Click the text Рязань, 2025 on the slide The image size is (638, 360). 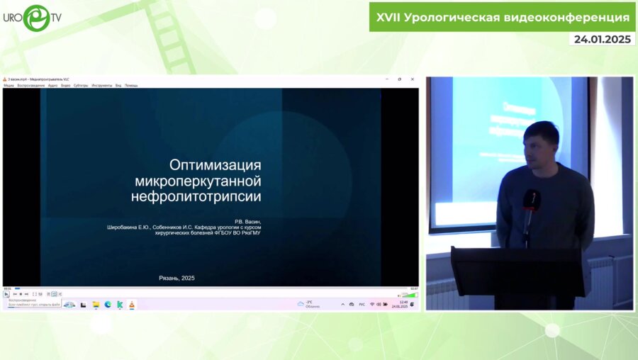point(177,278)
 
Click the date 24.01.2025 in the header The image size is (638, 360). point(603,40)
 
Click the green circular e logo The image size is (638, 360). point(37,18)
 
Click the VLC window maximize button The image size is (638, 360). point(399,79)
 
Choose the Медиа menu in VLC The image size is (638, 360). point(9,85)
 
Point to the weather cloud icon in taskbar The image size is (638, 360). point(301,303)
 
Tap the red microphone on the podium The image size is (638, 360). point(530,201)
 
